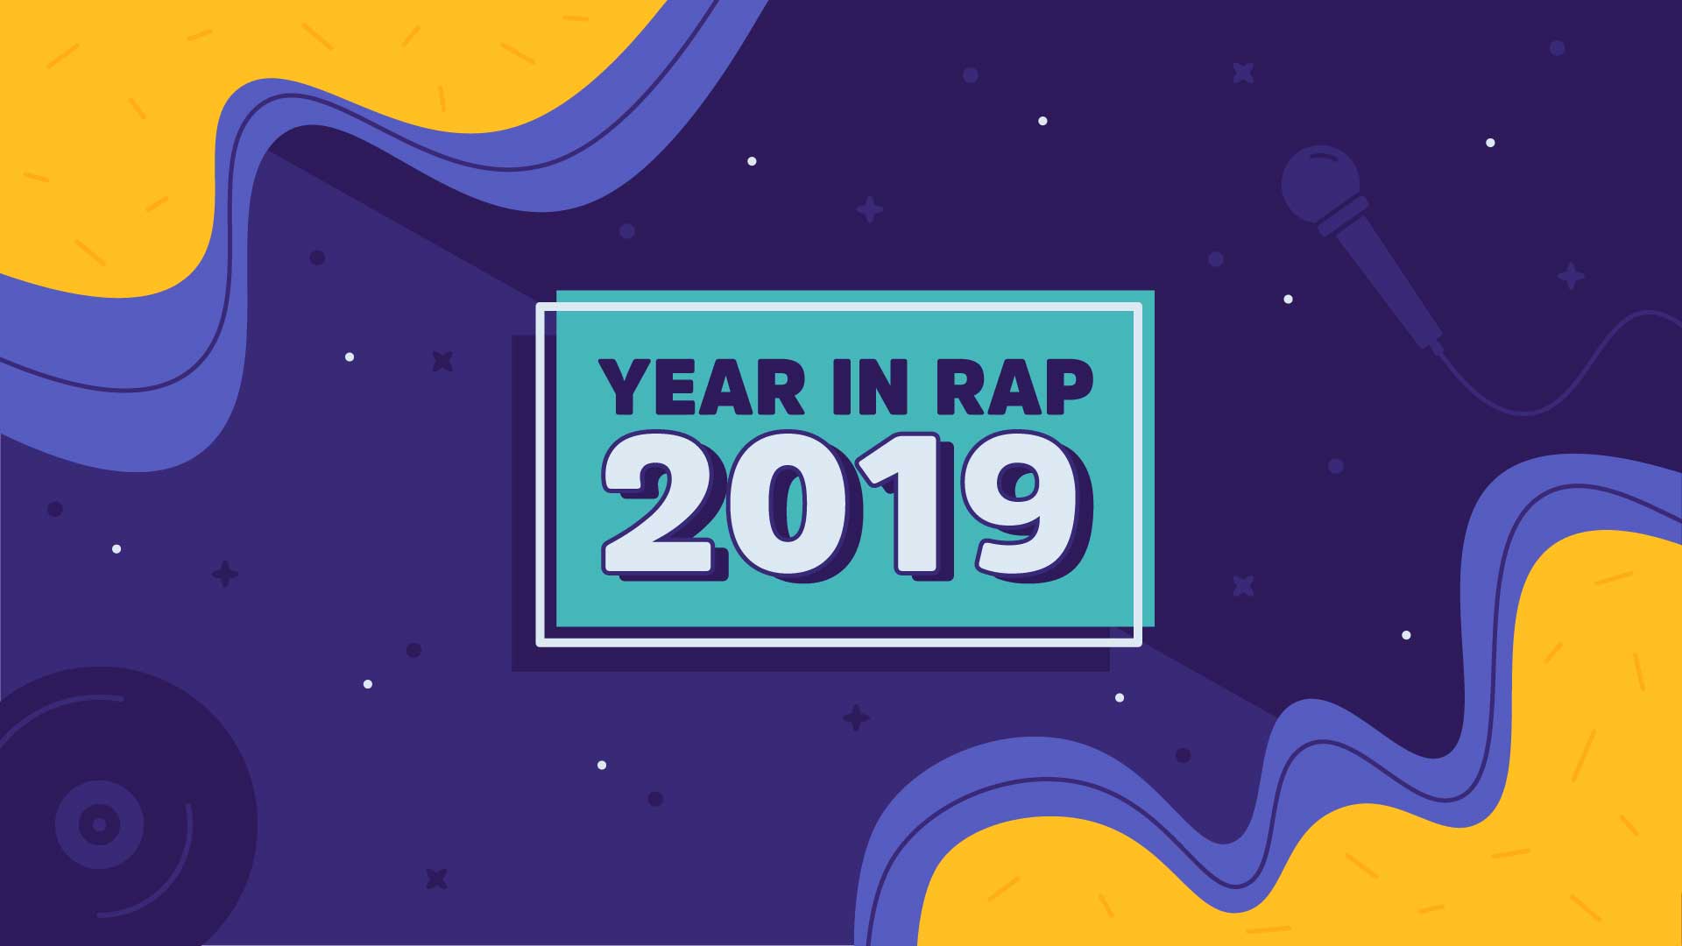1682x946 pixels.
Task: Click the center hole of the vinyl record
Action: point(99,824)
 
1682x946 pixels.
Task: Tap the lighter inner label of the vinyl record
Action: point(99,824)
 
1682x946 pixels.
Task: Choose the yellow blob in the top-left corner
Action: point(263,114)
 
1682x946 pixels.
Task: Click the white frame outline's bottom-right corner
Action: point(1139,644)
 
